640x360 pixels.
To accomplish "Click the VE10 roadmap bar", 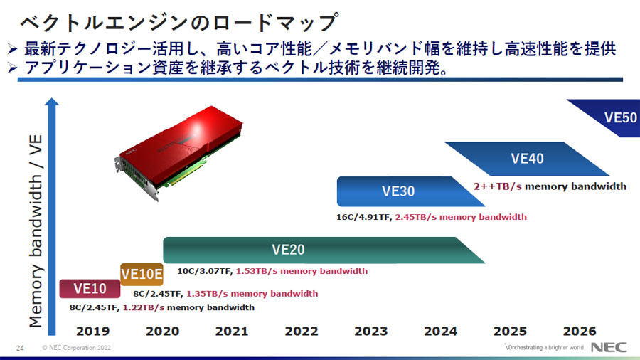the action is click(90, 289).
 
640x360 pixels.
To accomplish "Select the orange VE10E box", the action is click(142, 275).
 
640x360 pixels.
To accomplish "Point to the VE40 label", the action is click(527, 159).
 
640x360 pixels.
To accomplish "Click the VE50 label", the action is click(620, 117).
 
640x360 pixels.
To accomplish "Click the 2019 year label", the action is click(92, 331).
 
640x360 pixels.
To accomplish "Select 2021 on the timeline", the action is click(232, 331).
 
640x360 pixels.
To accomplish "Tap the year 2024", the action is click(440, 331).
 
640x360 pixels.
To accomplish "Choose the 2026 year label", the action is click(580, 331).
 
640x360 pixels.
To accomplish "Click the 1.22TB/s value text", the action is click(144, 307).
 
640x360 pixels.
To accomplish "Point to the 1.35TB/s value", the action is click(207, 293).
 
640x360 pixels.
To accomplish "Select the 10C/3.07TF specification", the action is click(205, 271).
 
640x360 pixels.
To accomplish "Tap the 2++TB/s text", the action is click(498, 186).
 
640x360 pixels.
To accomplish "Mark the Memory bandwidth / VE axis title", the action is click(36, 231).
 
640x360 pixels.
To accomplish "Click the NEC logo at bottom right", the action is click(609, 347).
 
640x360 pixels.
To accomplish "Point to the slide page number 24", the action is click(20, 348).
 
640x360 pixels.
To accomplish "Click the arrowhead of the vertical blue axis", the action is click(52, 102).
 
